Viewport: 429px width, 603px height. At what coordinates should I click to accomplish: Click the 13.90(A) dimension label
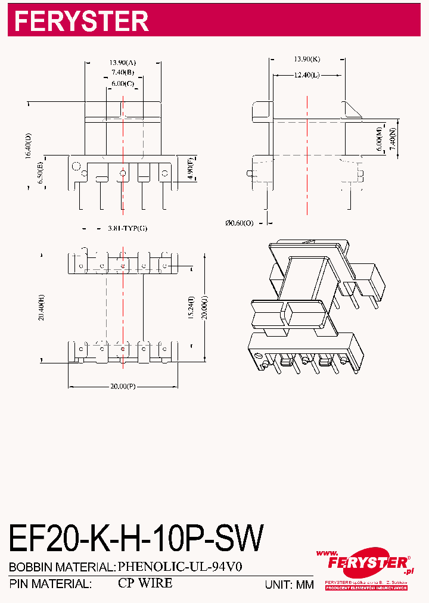pyautogui.click(x=123, y=62)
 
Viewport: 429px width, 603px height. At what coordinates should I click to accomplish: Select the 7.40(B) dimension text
pyautogui.click(x=123, y=73)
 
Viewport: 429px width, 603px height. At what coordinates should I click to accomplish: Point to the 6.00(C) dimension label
pyautogui.click(x=123, y=84)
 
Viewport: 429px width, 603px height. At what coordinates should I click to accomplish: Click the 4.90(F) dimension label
pyautogui.click(x=190, y=169)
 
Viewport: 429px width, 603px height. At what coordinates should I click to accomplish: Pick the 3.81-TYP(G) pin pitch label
pyautogui.click(x=127, y=228)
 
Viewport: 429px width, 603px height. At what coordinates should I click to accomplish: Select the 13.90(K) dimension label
pyautogui.click(x=307, y=59)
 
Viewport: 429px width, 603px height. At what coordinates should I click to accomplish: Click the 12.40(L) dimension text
pyautogui.click(x=307, y=75)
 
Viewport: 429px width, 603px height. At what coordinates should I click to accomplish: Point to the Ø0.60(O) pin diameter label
pyautogui.click(x=239, y=223)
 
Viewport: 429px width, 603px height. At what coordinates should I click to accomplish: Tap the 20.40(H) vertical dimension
pyautogui.click(x=41, y=307)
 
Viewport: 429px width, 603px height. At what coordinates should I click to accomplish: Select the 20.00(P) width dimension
pyautogui.click(x=123, y=386)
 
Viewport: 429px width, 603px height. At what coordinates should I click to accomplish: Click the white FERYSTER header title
pyautogui.click(x=81, y=21)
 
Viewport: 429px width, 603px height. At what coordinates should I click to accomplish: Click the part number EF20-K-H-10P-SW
pyautogui.click(x=136, y=539)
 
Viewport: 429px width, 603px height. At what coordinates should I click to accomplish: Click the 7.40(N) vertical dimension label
pyautogui.click(x=391, y=141)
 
